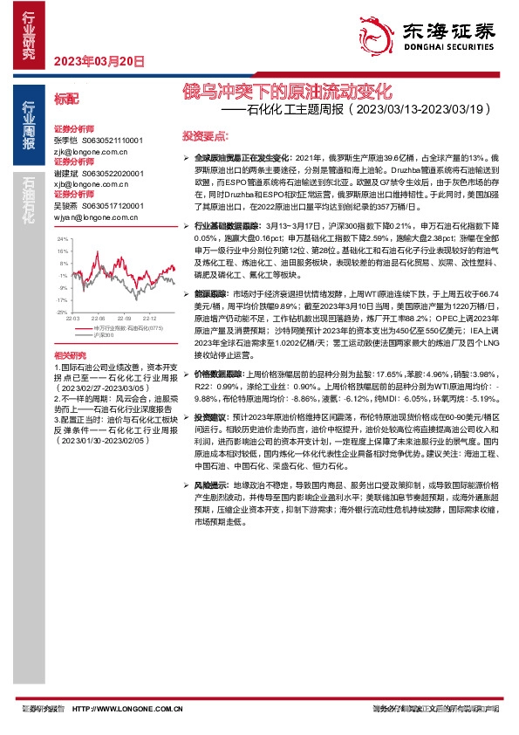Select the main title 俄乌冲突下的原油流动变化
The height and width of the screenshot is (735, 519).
click(x=288, y=90)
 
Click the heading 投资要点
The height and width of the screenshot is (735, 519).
click(x=204, y=136)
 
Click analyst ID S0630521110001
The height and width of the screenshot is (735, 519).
click(x=112, y=141)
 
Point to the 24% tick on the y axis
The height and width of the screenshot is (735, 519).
click(x=62, y=238)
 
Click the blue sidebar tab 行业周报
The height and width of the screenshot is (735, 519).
click(x=29, y=123)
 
